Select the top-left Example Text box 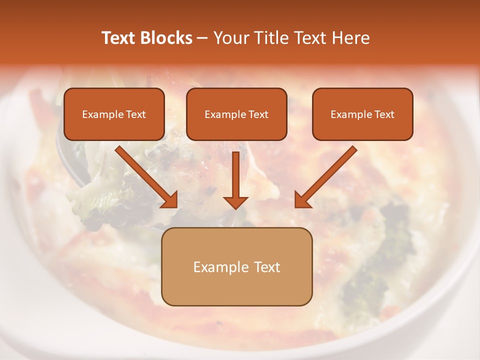[x=114, y=114]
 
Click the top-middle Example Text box [x=236, y=114]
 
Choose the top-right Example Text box [x=362, y=114]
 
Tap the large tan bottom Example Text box [x=236, y=266]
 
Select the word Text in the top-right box [x=384, y=114]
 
